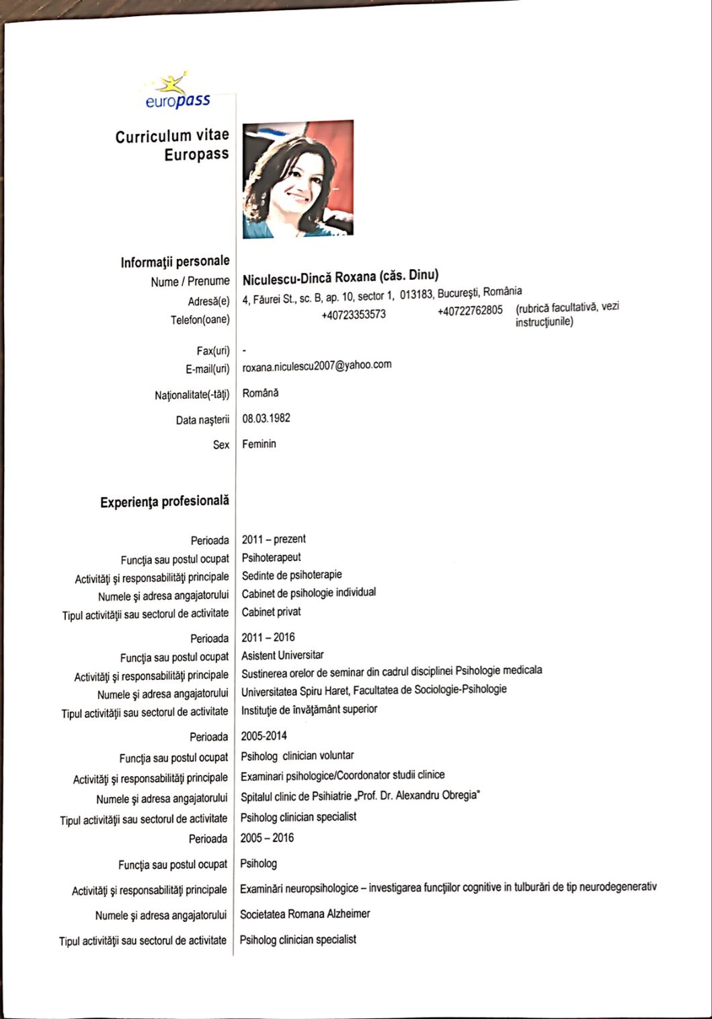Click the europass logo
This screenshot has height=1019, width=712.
tap(176, 92)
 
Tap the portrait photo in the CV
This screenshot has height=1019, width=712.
tap(298, 179)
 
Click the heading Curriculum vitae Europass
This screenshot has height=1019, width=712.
tap(172, 145)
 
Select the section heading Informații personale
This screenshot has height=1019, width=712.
tap(175, 261)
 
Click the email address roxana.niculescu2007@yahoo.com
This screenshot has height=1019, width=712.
tap(317, 365)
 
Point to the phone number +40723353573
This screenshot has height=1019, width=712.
tap(354, 315)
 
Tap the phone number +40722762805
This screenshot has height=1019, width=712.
tap(470, 311)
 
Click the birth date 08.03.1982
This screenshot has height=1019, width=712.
tap(266, 418)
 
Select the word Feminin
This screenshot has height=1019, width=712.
tap(259, 444)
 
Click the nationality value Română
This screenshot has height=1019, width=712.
tap(260, 393)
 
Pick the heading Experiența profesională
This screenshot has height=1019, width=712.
tap(165, 502)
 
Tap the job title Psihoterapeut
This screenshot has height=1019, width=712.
tap(271, 557)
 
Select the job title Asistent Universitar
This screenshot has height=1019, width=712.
tap(282, 655)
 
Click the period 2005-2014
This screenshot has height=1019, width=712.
tap(264, 736)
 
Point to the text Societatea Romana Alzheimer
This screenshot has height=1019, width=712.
tap(305, 914)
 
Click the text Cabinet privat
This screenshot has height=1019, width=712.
tap(271, 612)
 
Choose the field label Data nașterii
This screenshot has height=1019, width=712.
tap(202, 420)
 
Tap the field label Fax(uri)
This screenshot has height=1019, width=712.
tap(208, 350)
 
